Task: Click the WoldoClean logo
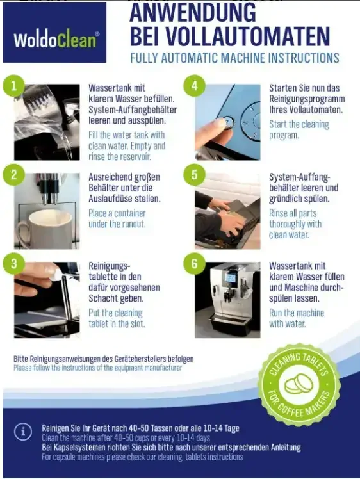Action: (54, 33)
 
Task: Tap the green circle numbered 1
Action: (13, 86)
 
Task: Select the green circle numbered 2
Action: (13, 175)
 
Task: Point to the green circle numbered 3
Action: (13, 264)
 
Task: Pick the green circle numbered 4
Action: (194, 86)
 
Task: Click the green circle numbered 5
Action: (194, 175)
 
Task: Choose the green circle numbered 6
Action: (194, 264)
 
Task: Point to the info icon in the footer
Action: (23, 432)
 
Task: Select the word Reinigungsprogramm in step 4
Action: (307, 99)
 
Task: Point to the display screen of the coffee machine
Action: (231, 279)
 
